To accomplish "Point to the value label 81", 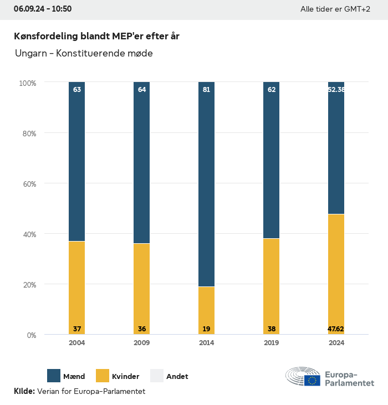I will (206, 89).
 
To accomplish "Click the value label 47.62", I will (336, 329).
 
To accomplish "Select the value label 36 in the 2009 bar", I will (141, 329).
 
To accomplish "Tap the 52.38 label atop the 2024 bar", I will (336, 89).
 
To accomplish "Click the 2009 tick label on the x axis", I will (141, 343).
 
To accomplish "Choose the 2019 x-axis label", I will (271, 343).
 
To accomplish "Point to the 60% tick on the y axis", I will (28, 184).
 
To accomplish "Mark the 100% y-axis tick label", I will (27, 83).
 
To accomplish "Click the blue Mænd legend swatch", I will (54, 376).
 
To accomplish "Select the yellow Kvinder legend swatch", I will (103, 376).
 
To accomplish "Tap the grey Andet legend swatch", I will (157, 376).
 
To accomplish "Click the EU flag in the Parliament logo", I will (312, 381).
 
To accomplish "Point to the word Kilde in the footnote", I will (24, 391).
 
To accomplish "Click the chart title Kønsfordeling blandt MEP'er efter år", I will (96, 36).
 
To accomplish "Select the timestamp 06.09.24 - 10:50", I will (43, 9).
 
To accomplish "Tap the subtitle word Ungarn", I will (30, 54).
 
